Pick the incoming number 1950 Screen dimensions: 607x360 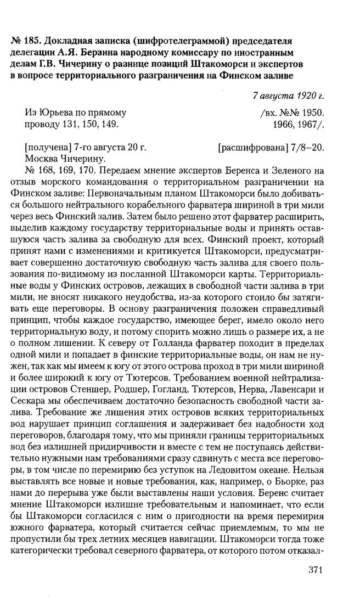coord(312,113)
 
